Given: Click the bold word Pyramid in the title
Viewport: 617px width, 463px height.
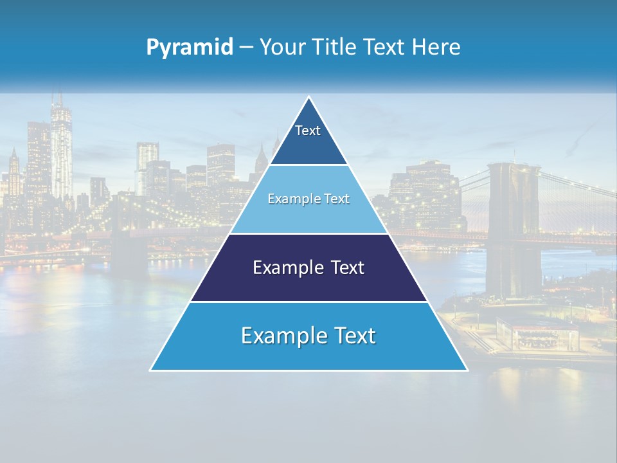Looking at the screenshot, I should click(x=190, y=48).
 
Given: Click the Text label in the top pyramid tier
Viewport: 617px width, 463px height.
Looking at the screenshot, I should click(x=308, y=131).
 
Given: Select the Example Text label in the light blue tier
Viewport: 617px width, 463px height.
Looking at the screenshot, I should click(x=308, y=199).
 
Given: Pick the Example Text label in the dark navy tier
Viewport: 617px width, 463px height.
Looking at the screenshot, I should click(x=308, y=268).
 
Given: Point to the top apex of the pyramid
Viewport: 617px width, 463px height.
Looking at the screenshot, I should click(x=309, y=97).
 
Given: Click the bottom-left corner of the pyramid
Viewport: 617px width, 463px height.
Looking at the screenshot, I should click(x=151, y=370).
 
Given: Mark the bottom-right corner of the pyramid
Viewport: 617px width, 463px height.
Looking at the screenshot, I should click(x=467, y=370).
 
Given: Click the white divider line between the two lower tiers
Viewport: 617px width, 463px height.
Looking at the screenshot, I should click(x=308, y=302).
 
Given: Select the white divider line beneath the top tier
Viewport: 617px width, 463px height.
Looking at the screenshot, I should click(x=308, y=165).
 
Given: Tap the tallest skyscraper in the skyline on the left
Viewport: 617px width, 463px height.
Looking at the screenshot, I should click(x=61, y=148).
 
